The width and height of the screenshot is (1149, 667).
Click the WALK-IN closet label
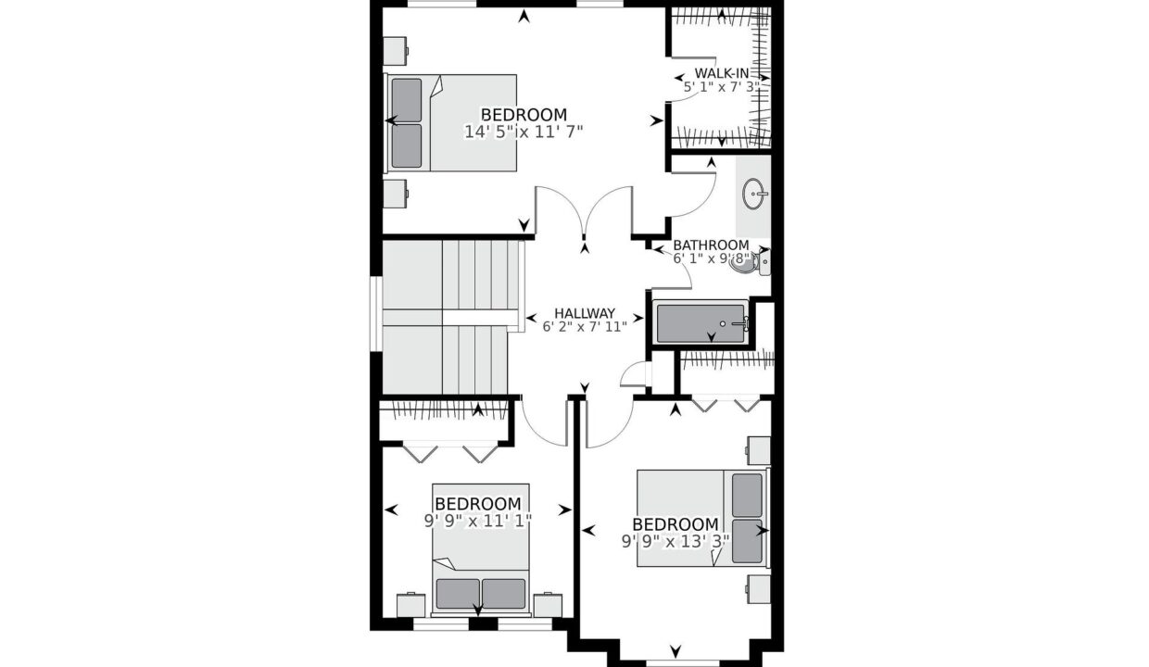(x=722, y=73)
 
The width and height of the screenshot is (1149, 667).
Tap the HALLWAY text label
(x=585, y=313)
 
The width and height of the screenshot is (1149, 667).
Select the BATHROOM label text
(x=711, y=245)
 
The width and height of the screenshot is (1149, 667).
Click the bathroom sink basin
(x=754, y=194)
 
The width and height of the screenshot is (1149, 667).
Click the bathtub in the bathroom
(x=701, y=323)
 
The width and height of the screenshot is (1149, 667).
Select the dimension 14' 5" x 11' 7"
(x=524, y=132)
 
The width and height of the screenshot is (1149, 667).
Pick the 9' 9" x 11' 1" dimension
(x=477, y=521)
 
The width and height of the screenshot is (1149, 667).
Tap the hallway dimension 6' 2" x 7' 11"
(x=585, y=327)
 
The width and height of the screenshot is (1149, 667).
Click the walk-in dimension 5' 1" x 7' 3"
(x=722, y=87)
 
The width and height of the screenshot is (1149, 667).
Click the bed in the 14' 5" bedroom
(x=451, y=122)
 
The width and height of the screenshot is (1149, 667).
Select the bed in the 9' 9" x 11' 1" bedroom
(x=481, y=548)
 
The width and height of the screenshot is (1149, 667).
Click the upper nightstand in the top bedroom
(x=396, y=50)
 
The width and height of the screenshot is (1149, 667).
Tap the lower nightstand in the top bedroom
(x=396, y=194)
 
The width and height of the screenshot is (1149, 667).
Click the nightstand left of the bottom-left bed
(x=410, y=605)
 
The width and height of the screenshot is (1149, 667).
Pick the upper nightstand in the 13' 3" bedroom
(x=758, y=451)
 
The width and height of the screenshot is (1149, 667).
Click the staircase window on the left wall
(x=376, y=314)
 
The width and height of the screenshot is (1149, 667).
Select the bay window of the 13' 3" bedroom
(x=676, y=663)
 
